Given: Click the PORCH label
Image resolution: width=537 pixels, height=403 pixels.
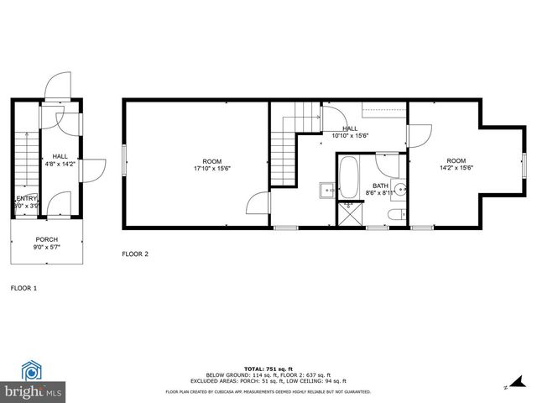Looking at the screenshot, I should click(46, 239).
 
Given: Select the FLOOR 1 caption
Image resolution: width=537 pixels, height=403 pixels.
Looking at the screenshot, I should click(23, 288).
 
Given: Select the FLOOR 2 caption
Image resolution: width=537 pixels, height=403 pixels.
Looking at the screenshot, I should click(135, 254).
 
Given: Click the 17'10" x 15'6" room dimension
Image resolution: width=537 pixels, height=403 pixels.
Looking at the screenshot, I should click(212, 169).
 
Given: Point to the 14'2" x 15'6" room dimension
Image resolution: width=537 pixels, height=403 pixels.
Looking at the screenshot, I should click(456, 168).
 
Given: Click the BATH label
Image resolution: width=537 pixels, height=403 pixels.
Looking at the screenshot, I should click(381, 186).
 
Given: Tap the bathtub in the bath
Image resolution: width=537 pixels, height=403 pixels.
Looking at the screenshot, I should click(348, 176).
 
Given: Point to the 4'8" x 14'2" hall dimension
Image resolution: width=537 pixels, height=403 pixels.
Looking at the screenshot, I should click(60, 165).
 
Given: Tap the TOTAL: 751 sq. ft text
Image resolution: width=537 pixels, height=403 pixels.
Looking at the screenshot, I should click(268, 369).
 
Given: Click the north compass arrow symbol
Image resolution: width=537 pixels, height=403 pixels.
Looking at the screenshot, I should click(506, 386).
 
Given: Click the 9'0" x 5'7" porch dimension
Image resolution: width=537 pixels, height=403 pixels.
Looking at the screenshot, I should click(46, 248).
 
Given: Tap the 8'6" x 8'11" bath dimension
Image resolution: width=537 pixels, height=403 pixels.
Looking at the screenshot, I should click(380, 193).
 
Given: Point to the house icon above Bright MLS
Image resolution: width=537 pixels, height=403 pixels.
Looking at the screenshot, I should click(32, 370).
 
